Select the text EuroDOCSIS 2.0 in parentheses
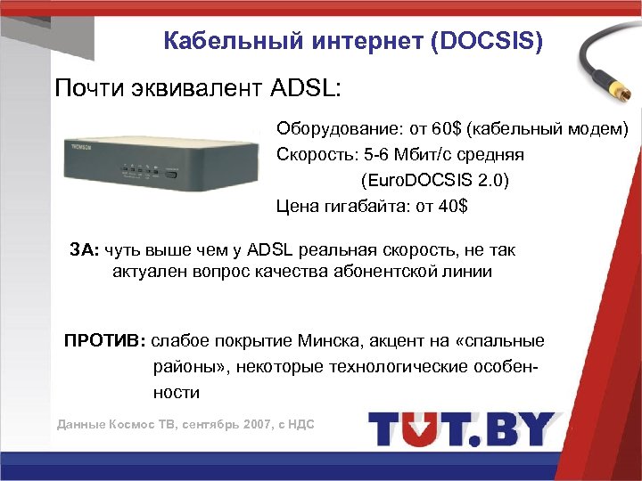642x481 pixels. [x=435, y=180]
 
